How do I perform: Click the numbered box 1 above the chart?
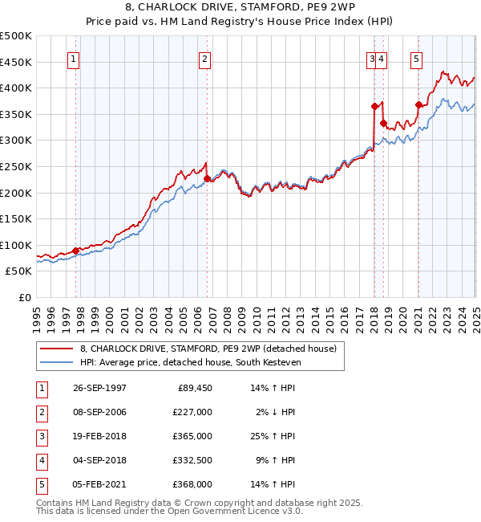73,58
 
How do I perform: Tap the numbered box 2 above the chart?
204,58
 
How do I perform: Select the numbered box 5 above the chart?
417,58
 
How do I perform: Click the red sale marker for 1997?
76,251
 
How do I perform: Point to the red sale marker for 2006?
208,178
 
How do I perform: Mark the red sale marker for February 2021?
418,104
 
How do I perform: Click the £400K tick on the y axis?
16,88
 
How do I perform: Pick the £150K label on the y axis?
16,218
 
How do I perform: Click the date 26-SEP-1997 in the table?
99,388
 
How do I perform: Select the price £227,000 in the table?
192,412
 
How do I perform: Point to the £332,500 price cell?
192,460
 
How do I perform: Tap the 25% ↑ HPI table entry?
273,436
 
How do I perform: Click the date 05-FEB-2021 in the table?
99,484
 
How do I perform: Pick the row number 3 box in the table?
41,436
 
